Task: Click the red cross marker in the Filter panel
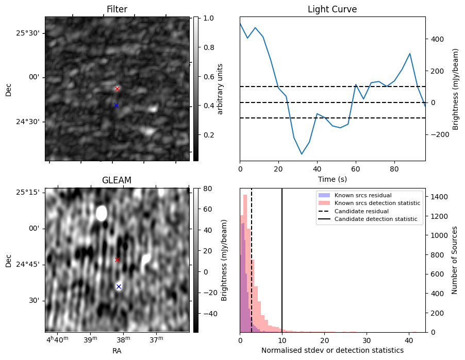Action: click(117, 89)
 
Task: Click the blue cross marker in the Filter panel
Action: click(116, 105)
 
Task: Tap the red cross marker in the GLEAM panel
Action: click(117, 260)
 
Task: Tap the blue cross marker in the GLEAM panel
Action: click(119, 286)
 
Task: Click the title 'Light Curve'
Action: click(332, 9)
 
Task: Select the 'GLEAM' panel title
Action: click(117, 180)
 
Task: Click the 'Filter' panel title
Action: click(117, 9)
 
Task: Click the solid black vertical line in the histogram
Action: click(282, 258)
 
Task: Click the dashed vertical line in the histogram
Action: click(252, 258)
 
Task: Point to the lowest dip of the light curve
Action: click(302, 154)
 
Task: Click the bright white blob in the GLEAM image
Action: click(102, 213)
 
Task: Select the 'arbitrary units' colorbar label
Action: click(220, 89)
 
